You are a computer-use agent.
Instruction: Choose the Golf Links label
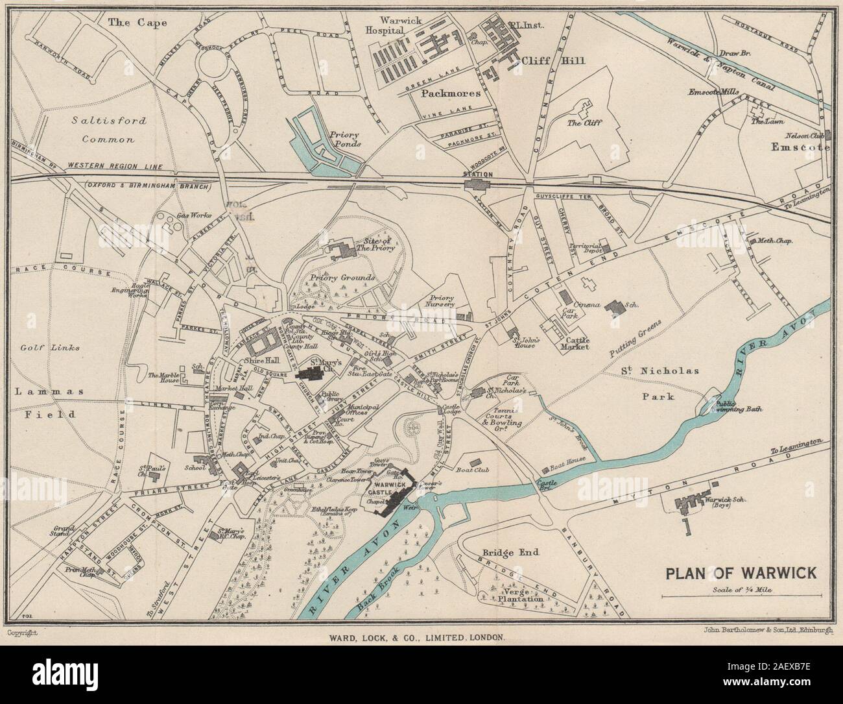click(58, 348)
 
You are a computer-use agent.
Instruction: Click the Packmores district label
click(451, 93)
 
